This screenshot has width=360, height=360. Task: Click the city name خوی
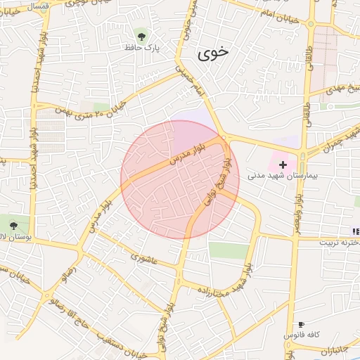213,52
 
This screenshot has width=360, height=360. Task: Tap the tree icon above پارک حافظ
143,34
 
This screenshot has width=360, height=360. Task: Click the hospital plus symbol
283,164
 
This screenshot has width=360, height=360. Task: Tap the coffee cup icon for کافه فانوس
302,324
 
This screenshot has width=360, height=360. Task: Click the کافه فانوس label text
299,336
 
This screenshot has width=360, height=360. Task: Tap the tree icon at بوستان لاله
13,226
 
